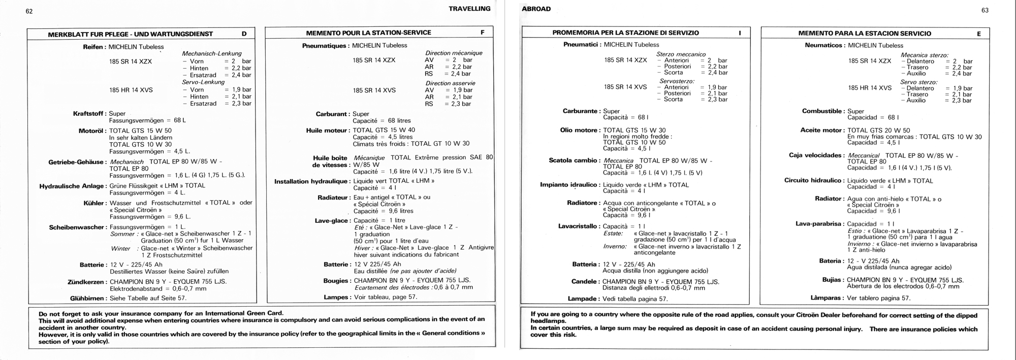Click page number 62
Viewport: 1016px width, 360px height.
29,11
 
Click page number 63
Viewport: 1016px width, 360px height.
985,10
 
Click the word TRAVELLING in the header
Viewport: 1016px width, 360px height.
469,9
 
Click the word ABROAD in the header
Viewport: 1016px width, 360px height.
536,9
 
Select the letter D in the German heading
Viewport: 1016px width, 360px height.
244,34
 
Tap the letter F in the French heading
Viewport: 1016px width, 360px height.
483,32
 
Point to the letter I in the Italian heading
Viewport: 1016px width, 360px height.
740,33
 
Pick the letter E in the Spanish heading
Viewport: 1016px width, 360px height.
979,34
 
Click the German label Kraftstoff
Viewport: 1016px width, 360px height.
89,114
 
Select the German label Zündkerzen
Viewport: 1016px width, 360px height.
86,282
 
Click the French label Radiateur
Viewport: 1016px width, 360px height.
333,198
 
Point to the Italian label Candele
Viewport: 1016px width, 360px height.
585,282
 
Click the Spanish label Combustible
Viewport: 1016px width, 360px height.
822,111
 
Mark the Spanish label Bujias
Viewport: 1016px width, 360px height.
832,280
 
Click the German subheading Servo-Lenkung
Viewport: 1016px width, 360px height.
203,82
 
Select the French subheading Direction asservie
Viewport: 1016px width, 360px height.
450,83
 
